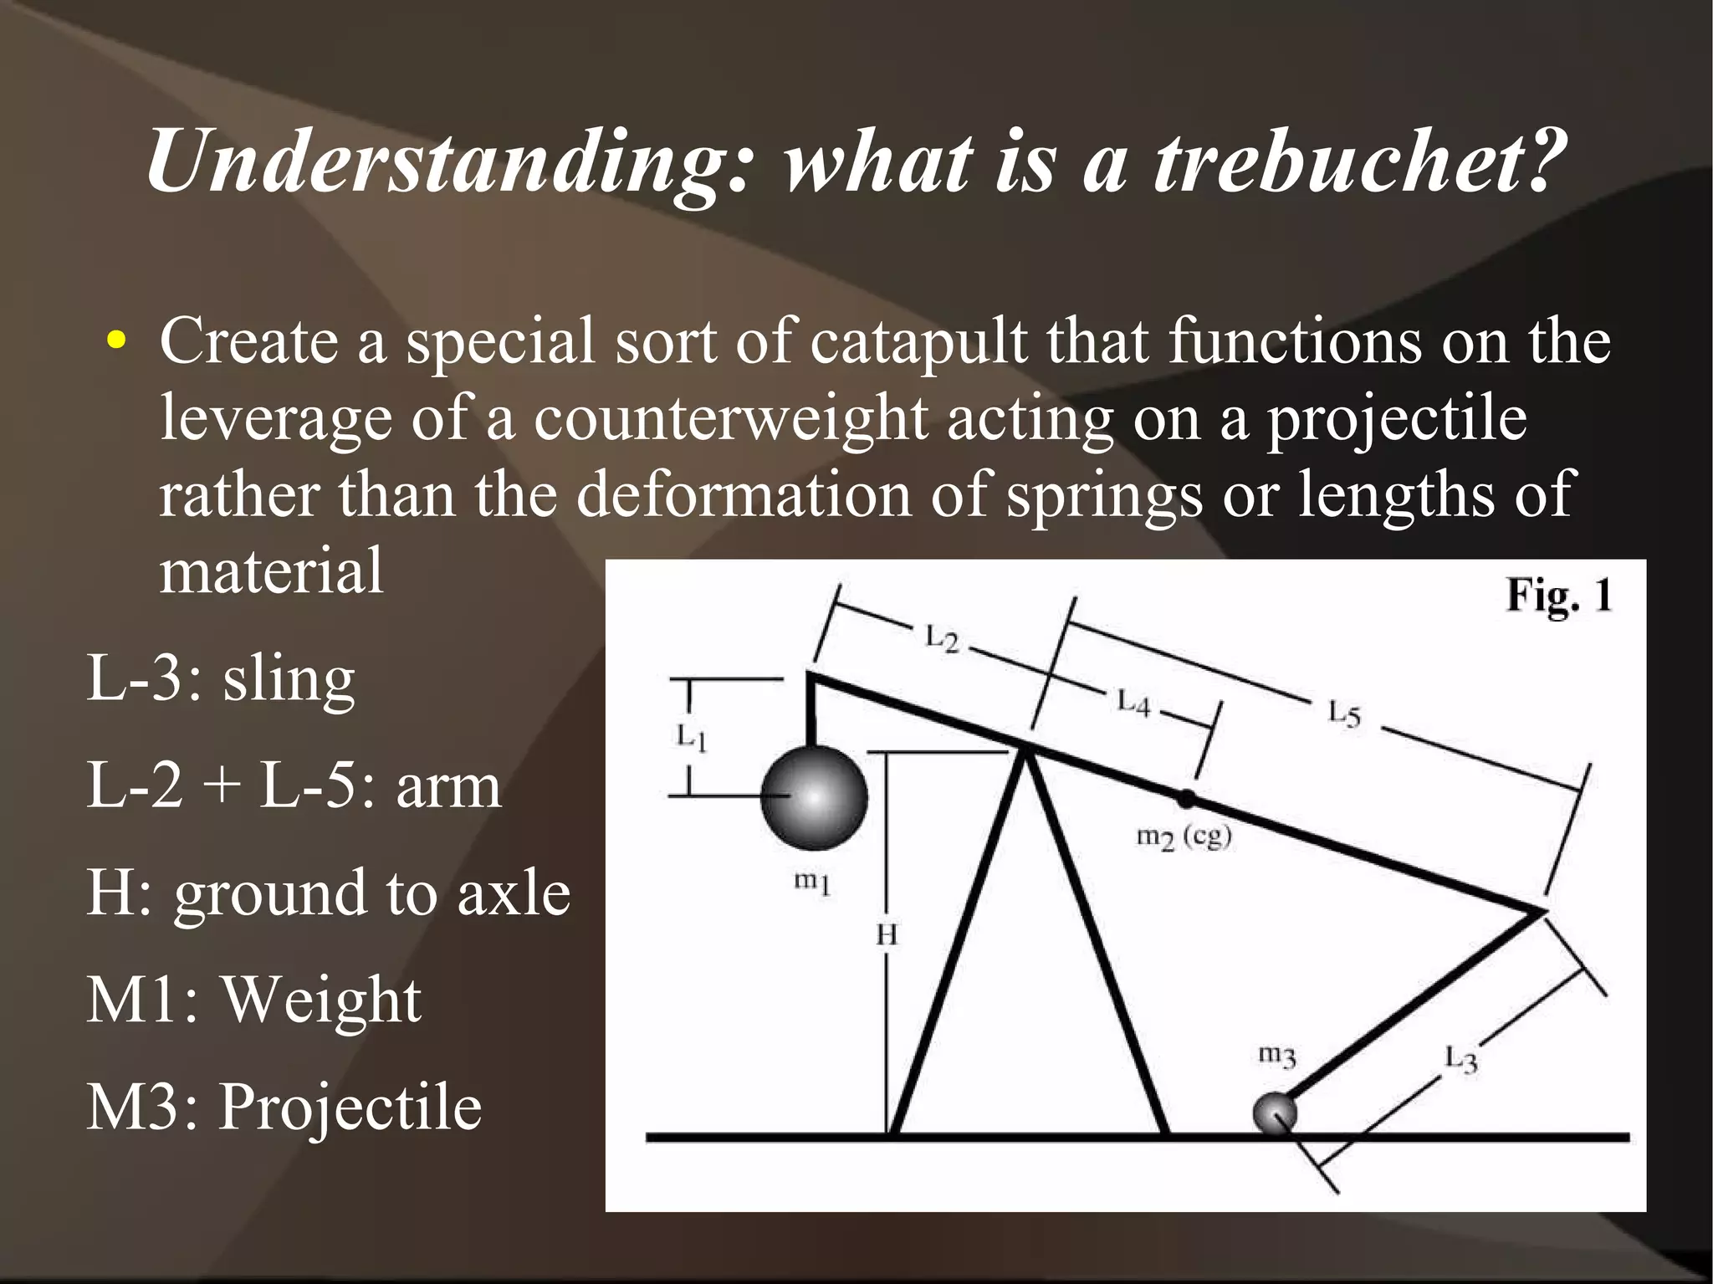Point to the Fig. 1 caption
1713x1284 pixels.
pos(1558,596)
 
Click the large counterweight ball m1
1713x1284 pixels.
pos(814,797)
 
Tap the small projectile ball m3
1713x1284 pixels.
pos(1275,1113)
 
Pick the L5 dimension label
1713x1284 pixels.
pos(1344,714)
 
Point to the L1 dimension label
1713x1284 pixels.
pos(692,737)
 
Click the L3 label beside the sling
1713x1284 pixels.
pos(1461,1059)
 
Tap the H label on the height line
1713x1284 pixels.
pos(887,934)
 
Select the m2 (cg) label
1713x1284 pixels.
pos(1184,836)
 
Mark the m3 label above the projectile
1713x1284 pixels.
pos(1277,1055)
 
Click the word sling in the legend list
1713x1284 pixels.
pos(289,679)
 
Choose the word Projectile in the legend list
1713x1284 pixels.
pos(350,1108)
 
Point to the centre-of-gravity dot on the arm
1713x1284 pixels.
pos(1186,798)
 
